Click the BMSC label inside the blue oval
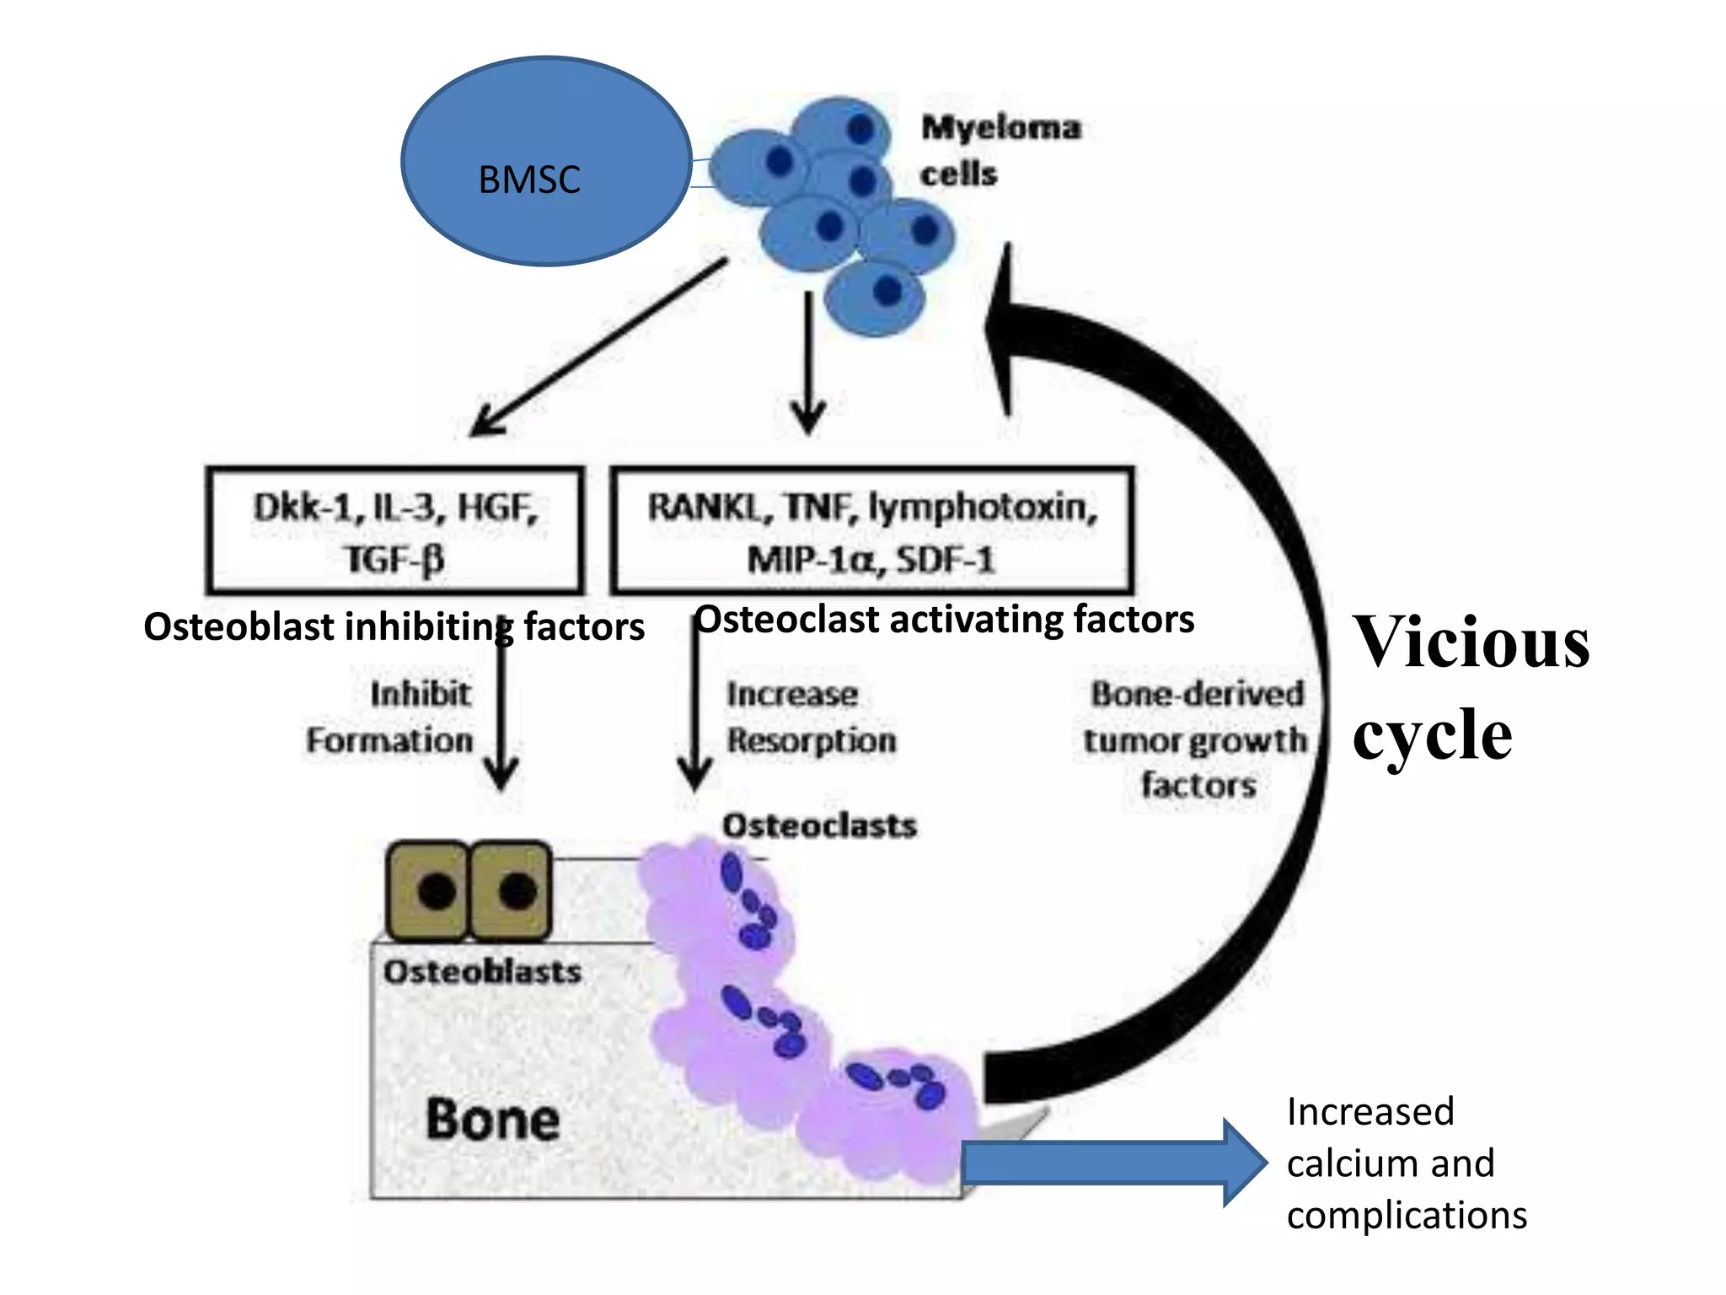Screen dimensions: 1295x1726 click(529, 180)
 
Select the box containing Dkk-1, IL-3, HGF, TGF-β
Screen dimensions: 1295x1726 click(394, 531)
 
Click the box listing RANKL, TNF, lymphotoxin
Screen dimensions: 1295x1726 click(871, 531)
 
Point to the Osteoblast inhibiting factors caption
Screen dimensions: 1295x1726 click(394, 627)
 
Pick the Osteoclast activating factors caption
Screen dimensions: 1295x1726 click(944, 620)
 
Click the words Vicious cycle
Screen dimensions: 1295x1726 click(1471, 687)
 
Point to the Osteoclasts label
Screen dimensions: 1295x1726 click(819, 825)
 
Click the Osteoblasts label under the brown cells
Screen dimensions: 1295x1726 click(482, 972)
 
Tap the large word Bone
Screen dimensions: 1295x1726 click(493, 1120)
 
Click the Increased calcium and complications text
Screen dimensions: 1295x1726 click(1406, 1163)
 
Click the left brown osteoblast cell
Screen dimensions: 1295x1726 click(427, 890)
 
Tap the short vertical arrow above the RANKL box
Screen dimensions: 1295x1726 click(808, 363)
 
